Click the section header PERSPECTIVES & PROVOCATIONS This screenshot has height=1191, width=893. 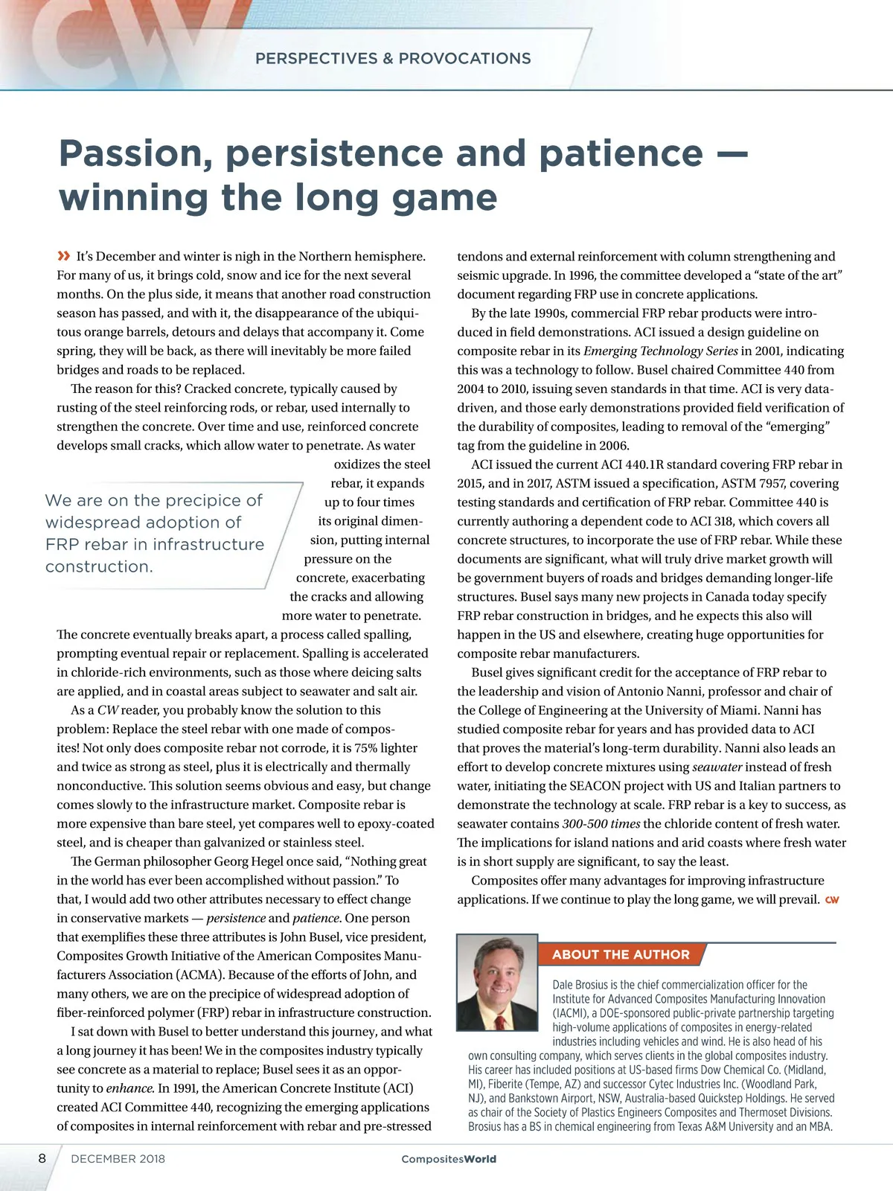click(393, 59)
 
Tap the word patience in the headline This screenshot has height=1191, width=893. click(620, 153)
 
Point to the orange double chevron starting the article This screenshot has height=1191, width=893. click(64, 257)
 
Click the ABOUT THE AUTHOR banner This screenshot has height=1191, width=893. click(621, 954)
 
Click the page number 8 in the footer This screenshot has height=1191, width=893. click(42, 1158)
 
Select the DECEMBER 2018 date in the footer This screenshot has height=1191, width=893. click(118, 1159)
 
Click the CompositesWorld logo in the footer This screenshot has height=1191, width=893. click(449, 1159)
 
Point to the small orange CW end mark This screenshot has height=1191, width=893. click(832, 900)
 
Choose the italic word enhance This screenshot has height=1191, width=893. click(130, 1088)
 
